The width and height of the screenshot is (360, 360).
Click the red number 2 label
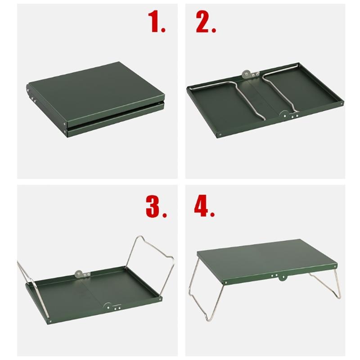click(206, 22)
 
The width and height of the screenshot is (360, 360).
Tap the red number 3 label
click(155, 206)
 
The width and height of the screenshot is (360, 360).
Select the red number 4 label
click(206, 206)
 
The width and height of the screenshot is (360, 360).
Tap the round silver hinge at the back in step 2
click(246, 72)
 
